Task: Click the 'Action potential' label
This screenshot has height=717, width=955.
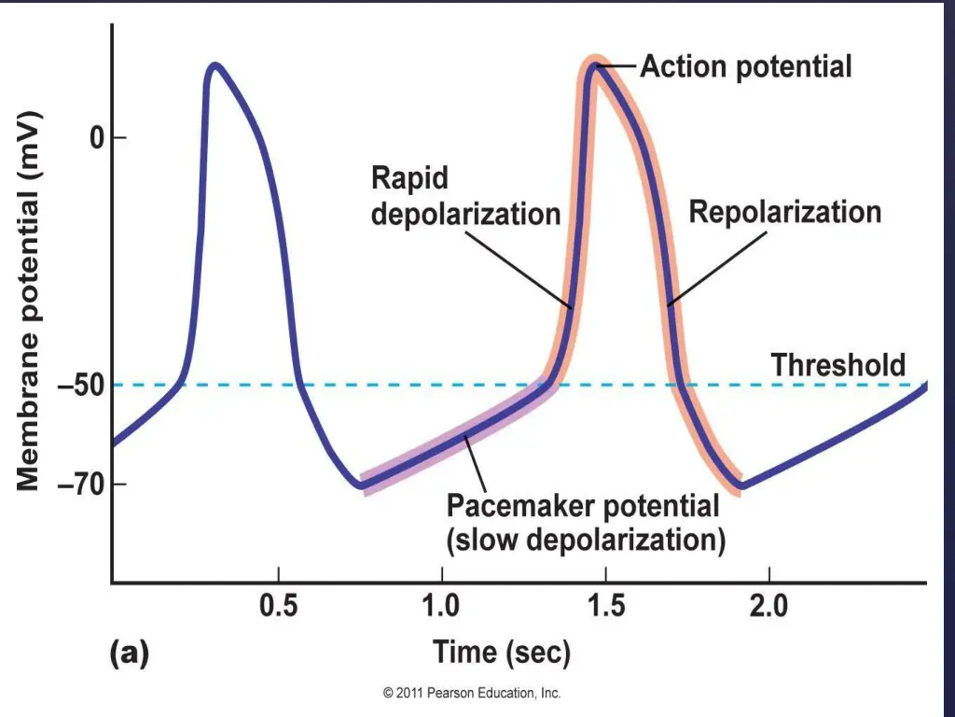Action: [x=745, y=67]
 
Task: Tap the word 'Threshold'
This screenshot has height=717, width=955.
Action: [x=837, y=365]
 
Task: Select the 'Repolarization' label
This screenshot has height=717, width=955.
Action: [x=784, y=212]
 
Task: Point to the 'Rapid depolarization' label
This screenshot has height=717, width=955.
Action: [x=465, y=195]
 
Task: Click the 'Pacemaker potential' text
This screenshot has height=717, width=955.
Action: [x=583, y=507]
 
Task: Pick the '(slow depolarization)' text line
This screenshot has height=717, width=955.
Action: [x=586, y=540]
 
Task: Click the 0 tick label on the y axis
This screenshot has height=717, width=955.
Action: [x=94, y=138]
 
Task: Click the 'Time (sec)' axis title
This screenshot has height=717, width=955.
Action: [x=501, y=653]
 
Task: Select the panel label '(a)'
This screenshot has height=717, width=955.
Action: [x=129, y=654]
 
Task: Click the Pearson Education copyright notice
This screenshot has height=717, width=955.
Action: [x=472, y=694]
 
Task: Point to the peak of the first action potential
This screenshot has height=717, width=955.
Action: [x=215, y=65]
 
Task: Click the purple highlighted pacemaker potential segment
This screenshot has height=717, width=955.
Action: [x=457, y=438]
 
